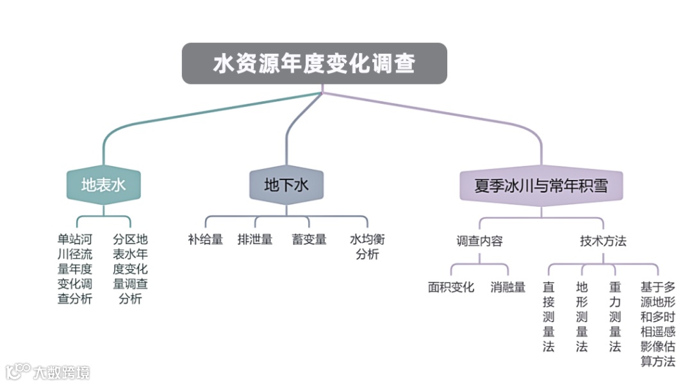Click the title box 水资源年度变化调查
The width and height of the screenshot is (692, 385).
[314, 63]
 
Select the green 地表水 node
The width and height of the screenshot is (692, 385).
[104, 186]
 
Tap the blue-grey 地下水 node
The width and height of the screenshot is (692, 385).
[286, 186]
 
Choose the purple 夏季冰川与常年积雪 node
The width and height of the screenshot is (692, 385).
[541, 186]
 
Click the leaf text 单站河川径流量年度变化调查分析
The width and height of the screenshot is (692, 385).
[75, 269]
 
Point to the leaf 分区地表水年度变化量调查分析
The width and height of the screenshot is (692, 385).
[130, 269]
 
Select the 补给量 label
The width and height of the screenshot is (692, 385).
[206, 240]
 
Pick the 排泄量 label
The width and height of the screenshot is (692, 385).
[255, 240]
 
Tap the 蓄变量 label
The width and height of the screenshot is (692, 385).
[309, 240]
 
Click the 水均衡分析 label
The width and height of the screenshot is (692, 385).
[367, 247]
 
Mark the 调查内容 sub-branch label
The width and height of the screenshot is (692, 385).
[479, 242]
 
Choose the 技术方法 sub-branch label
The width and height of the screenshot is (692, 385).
[603, 242]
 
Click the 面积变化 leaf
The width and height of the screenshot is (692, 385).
[451, 288]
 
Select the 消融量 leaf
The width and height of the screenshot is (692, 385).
[508, 288]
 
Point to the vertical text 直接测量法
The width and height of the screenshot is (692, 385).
[548, 317]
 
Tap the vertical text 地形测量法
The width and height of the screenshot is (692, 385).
[582, 317]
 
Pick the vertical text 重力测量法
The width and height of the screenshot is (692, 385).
[615, 317]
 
